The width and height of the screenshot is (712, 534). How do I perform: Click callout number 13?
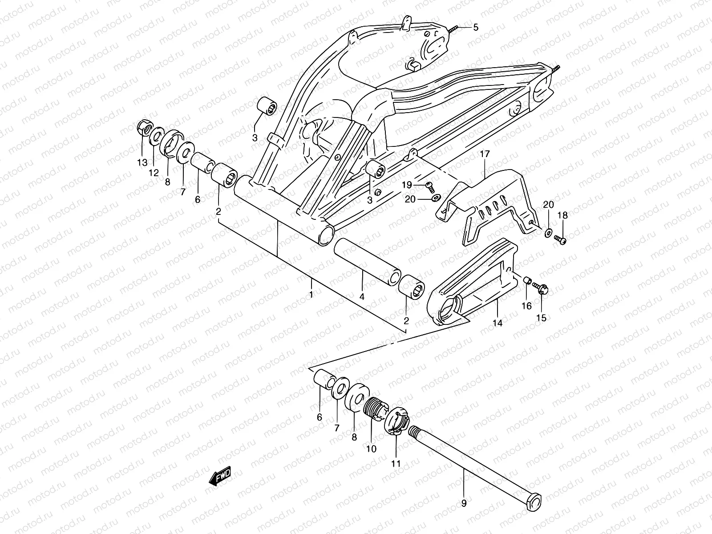(142, 162)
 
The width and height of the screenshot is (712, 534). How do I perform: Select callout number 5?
(475, 28)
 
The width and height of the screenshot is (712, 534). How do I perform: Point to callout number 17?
(485, 155)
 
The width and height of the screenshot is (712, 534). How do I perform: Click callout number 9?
(464, 504)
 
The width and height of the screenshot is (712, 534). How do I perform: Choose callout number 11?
(396, 463)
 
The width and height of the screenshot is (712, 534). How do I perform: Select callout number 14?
(498, 323)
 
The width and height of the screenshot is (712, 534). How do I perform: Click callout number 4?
(362, 296)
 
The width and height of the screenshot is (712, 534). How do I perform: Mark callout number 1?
(311, 295)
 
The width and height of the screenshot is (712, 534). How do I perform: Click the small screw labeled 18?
(561, 241)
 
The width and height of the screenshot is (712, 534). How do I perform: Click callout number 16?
(527, 306)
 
